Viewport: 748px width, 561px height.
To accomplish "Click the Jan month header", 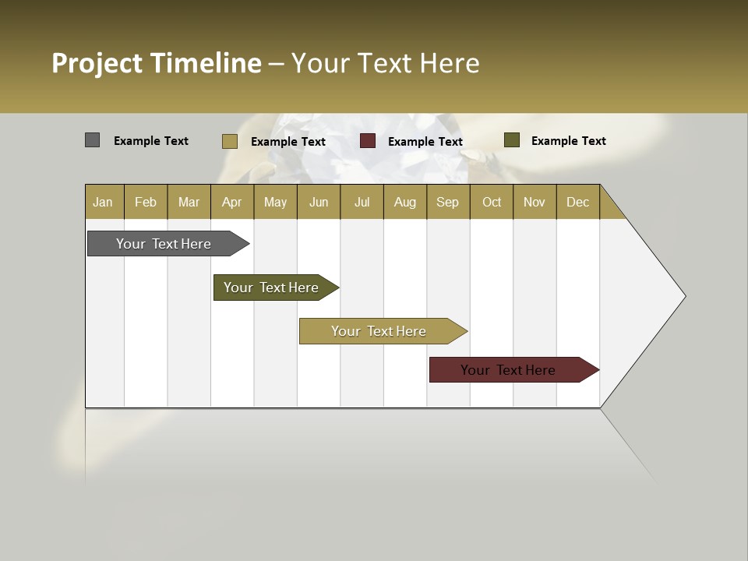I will coord(104,202).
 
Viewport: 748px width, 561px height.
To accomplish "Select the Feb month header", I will coord(146,202).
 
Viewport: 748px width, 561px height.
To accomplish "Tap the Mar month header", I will coord(189,202).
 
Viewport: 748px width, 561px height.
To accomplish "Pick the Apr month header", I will coord(232,202).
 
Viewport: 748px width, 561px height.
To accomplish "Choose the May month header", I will coord(275,202).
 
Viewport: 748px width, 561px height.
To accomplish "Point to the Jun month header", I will coord(319,202).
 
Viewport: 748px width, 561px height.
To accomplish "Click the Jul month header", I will coord(362,202).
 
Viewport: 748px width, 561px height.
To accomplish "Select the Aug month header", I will coord(405,202).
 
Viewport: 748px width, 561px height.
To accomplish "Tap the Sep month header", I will coord(448,202).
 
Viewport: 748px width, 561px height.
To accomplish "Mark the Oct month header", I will coord(492,202).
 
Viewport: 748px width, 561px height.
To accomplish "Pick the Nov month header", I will coord(535,202).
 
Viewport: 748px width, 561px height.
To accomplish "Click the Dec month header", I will coord(578,202).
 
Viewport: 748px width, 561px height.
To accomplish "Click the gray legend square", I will coord(93,140).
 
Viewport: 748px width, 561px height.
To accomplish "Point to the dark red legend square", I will coord(368,141).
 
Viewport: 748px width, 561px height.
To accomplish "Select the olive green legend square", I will coord(512,140).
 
